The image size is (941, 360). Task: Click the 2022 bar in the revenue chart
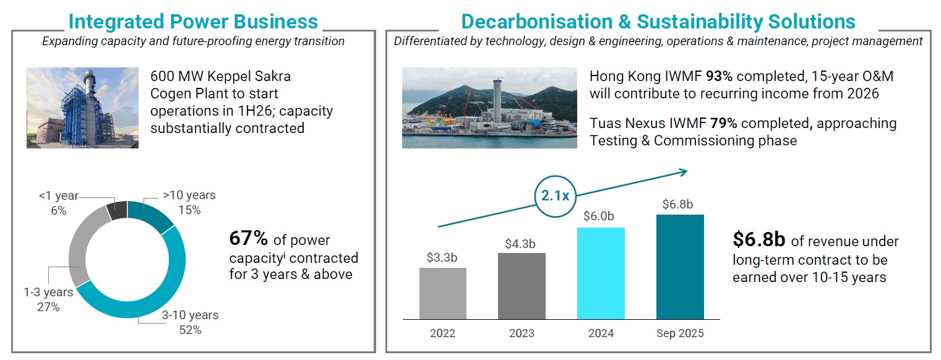[x=442, y=293]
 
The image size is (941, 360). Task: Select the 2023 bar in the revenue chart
[x=522, y=286]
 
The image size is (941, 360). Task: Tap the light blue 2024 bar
[x=601, y=273]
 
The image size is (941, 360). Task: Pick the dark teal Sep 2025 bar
[x=680, y=267]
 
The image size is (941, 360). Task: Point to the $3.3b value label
[x=442, y=257]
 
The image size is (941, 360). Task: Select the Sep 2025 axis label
[x=680, y=333]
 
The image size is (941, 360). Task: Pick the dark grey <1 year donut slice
[x=117, y=210]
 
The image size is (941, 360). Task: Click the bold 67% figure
[x=249, y=238]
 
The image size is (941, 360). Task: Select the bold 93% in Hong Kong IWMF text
[x=720, y=77]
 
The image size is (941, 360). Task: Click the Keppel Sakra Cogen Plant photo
[x=82, y=108]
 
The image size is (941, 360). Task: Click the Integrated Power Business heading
[x=193, y=22]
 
